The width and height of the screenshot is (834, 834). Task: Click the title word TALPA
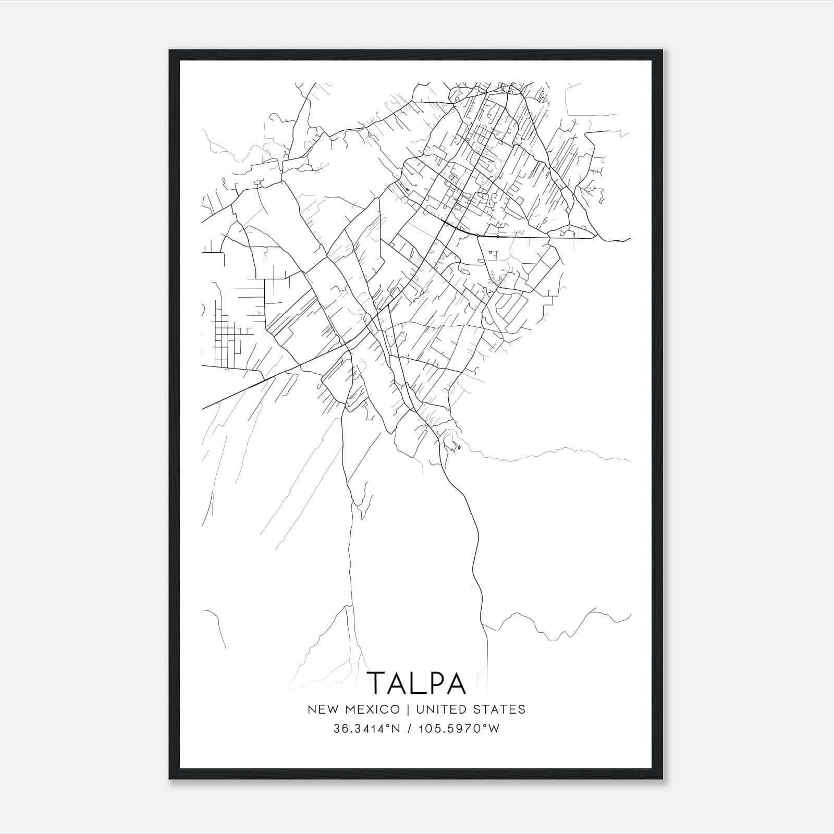click(x=416, y=683)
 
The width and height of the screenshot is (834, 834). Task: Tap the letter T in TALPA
click(x=377, y=683)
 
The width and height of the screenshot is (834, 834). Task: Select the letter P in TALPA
click(x=437, y=683)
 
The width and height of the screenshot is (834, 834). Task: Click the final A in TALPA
click(x=456, y=683)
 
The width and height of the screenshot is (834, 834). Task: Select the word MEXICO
click(x=372, y=709)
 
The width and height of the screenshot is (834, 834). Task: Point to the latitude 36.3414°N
click(x=367, y=729)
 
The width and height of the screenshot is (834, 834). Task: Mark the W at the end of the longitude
click(x=494, y=729)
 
